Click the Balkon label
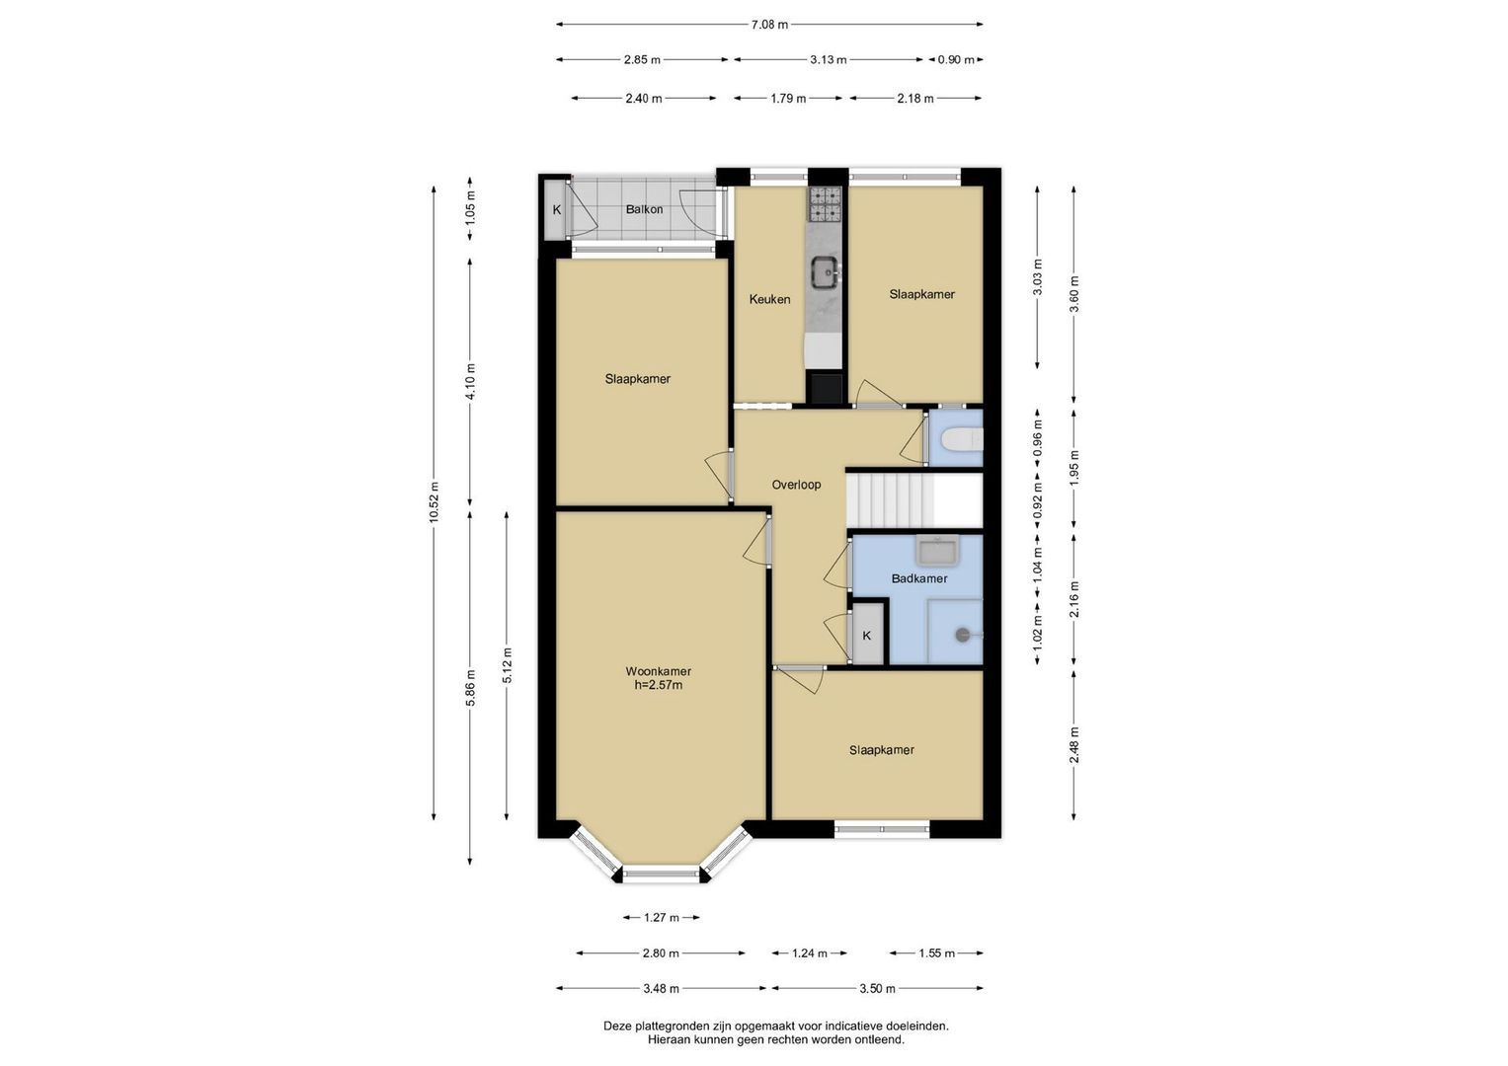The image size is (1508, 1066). (644, 209)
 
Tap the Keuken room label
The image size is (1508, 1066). (769, 299)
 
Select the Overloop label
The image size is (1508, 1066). (796, 485)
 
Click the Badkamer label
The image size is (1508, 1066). (919, 578)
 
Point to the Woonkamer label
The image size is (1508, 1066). (659, 671)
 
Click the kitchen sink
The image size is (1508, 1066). (825, 272)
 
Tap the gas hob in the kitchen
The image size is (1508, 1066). (825, 204)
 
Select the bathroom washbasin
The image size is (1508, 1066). (937, 551)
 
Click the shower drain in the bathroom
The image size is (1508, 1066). (963, 635)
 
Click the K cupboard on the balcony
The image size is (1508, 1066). (557, 209)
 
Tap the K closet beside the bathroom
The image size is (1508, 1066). (867, 636)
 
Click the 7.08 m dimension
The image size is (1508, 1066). (769, 25)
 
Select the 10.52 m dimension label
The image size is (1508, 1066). (435, 502)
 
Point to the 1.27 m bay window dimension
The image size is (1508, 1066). (661, 917)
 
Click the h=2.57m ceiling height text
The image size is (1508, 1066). (659, 686)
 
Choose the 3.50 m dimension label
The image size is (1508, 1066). (877, 989)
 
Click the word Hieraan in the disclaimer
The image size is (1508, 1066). (671, 1039)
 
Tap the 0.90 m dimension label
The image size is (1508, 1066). (956, 60)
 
